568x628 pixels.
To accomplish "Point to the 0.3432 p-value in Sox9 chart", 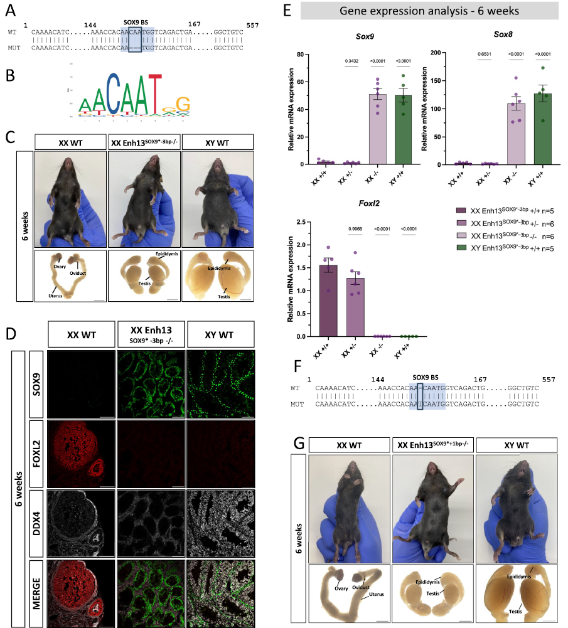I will (x=351, y=60).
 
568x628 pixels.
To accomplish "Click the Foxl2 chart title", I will (x=351, y=205).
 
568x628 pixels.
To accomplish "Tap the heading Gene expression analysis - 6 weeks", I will (x=426, y=11).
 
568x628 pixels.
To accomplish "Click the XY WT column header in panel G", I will (x=516, y=445).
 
